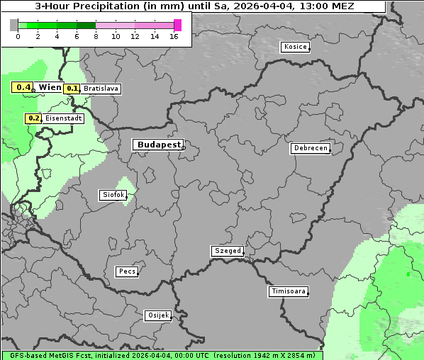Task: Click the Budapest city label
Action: click(x=158, y=145)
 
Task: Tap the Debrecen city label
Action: click(x=311, y=149)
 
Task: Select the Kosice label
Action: click(x=295, y=47)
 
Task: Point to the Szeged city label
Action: click(x=228, y=251)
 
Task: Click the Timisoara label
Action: click(x=289, y=291)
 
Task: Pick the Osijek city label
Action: click(x=158, y=315)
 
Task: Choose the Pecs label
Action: click(x=127, y=271)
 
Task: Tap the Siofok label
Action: click(x=112, y=194)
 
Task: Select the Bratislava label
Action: click(x=100, y=89)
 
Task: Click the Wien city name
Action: click(x=50, y=87)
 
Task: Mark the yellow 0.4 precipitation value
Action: click(x=23, y=88)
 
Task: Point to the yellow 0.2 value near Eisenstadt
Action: click(x=33, y=118)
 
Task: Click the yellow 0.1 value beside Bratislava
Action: click(x=72, y=89)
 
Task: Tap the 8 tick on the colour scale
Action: click(x=96, y=36)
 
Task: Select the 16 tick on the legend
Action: click(x=174, y=36)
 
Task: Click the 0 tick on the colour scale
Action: click(x=18, y=36)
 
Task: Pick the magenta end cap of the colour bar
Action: click(x=177, y=25)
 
